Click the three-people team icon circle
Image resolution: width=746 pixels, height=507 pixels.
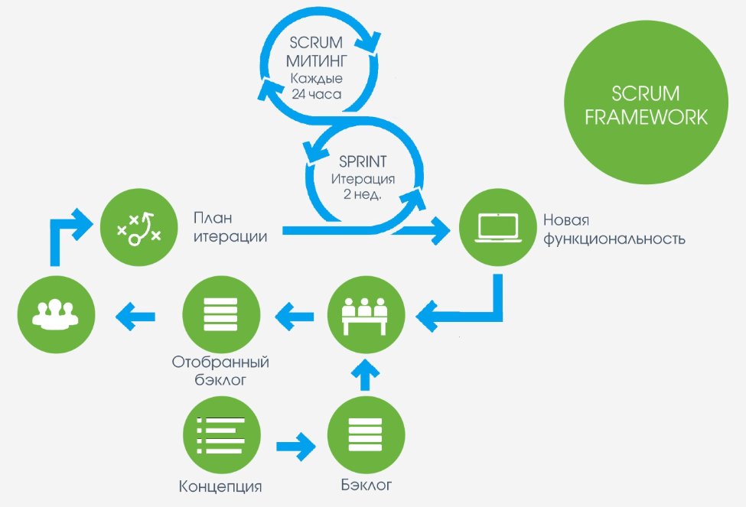tap(57, 314)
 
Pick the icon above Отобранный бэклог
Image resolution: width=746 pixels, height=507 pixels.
tap(221, 314)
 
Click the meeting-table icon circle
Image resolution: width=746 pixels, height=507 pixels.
tap(365, 314)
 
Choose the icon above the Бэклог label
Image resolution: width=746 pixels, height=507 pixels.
tap(365, 436)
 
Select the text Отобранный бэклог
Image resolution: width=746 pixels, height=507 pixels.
tap(220, 370)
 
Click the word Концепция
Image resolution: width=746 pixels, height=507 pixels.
tap(220, 486)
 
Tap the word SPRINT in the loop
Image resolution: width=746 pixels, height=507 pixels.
tap(363, 163)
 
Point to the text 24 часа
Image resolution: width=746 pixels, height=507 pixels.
tap(317, 95)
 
